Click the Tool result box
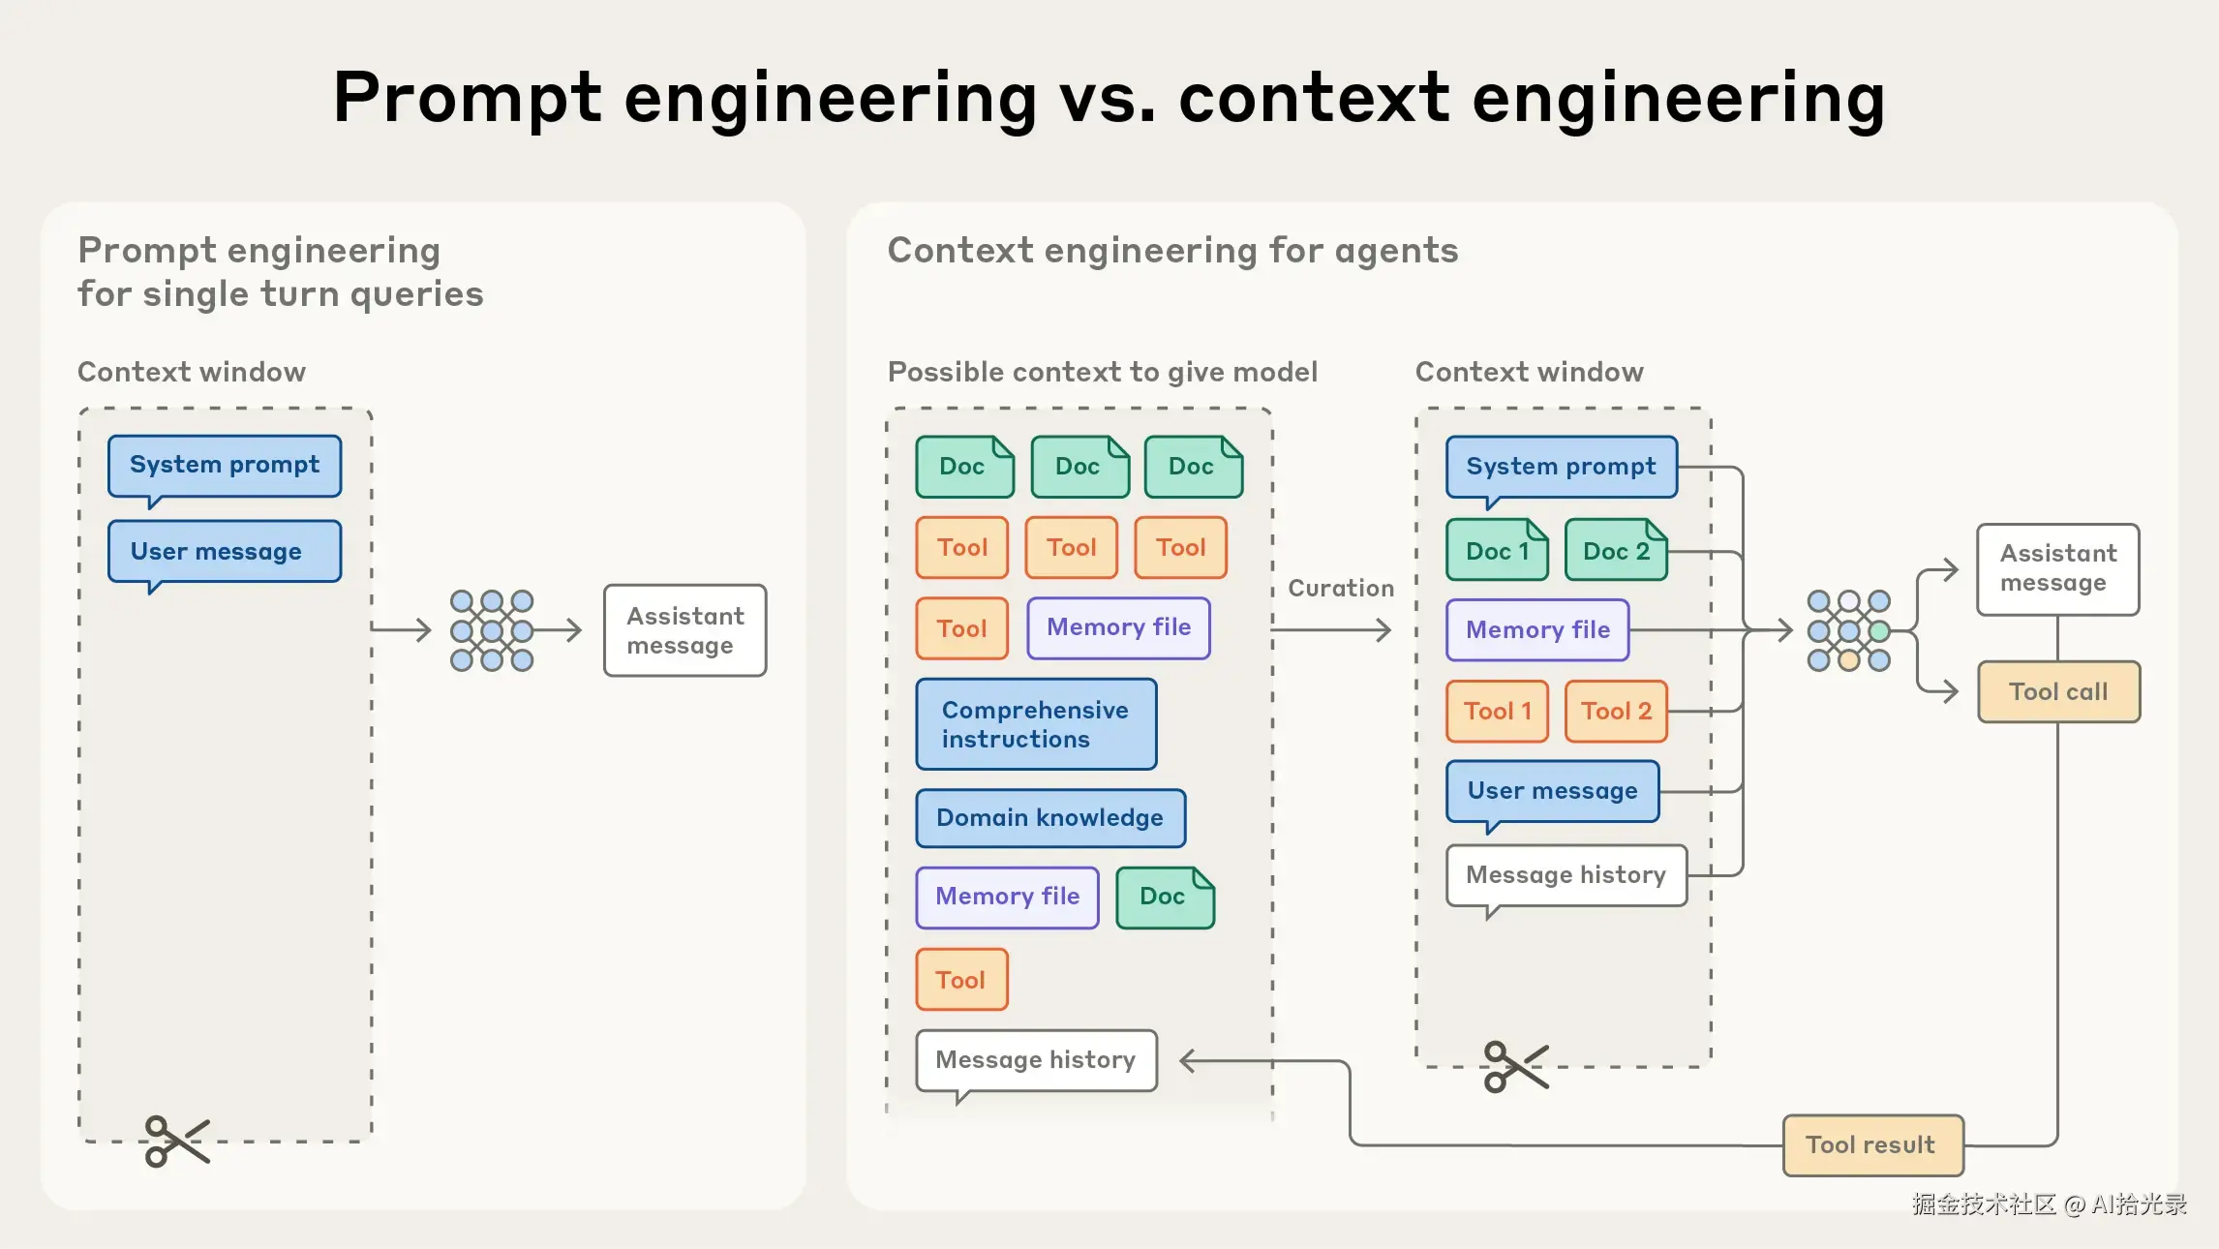pyautogui.click(x=1871, y=1145)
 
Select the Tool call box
pyautogui.click(x=2058, y=691)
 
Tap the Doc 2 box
pyautogui.click(x=1615, y=551)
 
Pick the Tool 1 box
pyautogui.click(x=1497, y=712)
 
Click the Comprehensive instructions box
pyautogui.click(x=1035, y=724)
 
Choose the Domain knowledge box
pyautogui.click(x=1049, y=818)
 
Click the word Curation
pyautogui.click(x=1341, y=589)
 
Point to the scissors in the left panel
pyautogui.click(x=176, y=1141)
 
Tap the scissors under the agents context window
pyautogui.click(x=1515, y=1066)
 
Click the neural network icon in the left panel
pyautogui.click(x=492, y=631)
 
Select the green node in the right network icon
pyautogui.click(x=1879, y=631)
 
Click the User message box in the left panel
pyautogui.click(x=224, y=552)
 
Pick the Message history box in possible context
pyautogui.click(x=1035, y=1060)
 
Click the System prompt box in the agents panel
pyautogui.click(x=1561, y=467)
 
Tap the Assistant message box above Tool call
pyautogui.click(x=2057, y=569)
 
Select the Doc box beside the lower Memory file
pyautogui.click(x=1164, y=898)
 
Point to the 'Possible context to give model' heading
pyautogui.click(x=1102, y=372)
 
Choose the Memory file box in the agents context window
pyautogui.click(x=1536, y=630)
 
